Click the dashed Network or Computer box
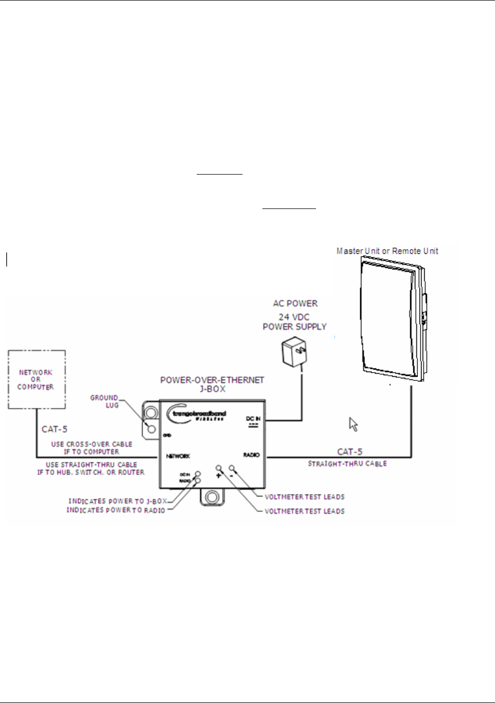click(36, 379)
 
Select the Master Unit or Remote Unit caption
click(387, 251)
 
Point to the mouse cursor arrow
click(353, 424)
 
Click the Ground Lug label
click(105, 401)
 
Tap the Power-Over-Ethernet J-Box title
click(212, 384)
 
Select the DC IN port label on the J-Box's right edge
click(253, 419)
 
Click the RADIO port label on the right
click(251, 455)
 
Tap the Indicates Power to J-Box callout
click(118, 501)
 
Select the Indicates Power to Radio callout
click(116, 510)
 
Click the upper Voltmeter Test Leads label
click(304, 497)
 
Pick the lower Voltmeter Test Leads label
click(304, 511)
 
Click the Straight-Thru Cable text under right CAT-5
click(347, 463)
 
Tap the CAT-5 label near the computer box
click(54, 430)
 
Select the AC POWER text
click(295, 303)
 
